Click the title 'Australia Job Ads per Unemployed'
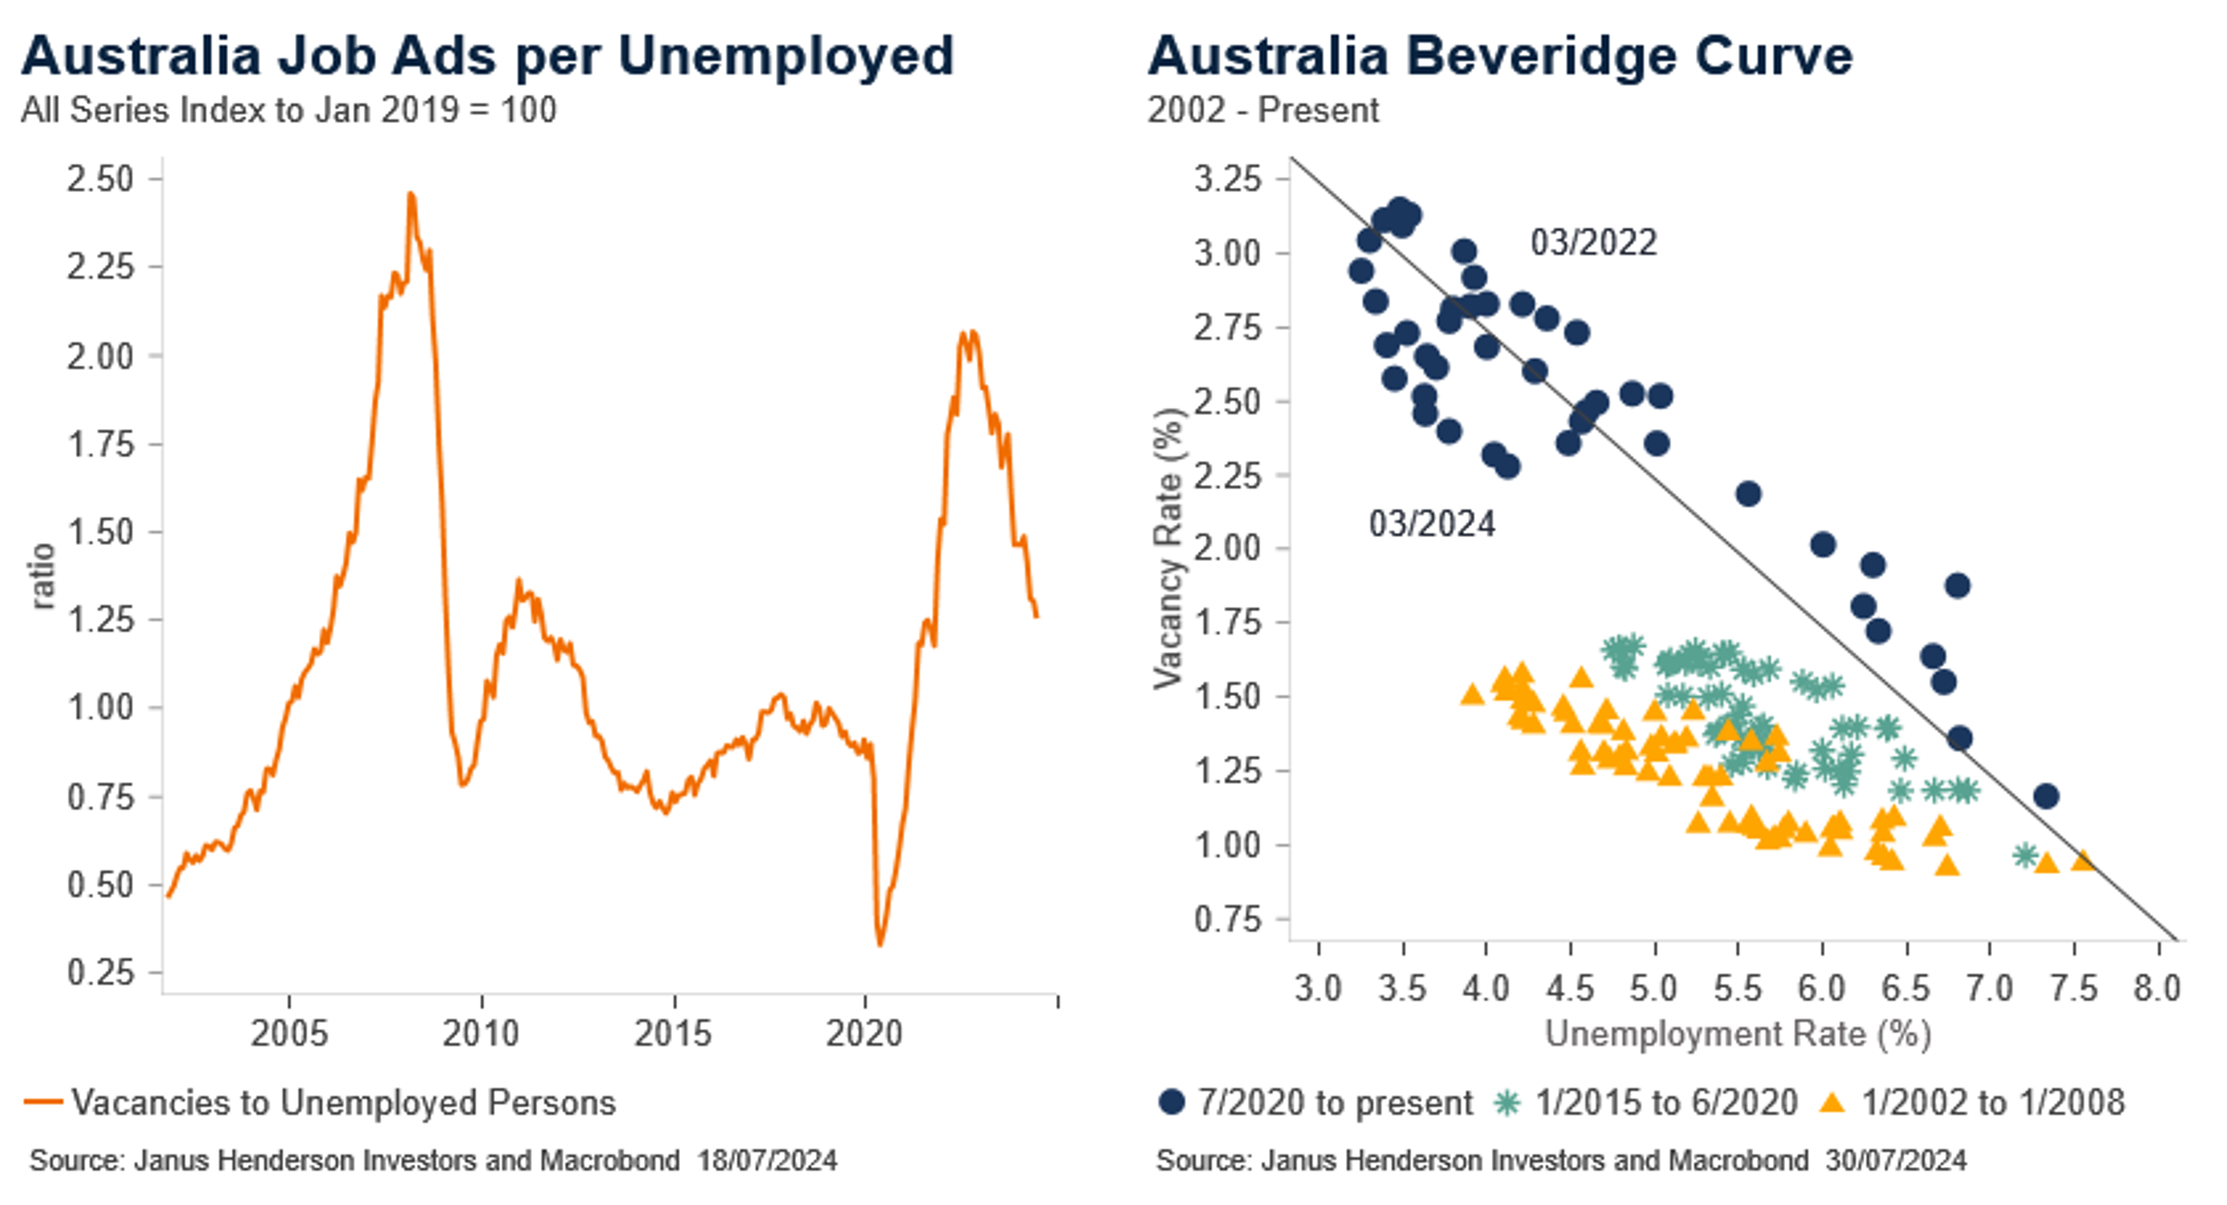click(487, 56)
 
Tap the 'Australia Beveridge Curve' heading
click(1500, 56)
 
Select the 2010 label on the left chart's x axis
click(481, 1033)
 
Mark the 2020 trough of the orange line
click(880, 944)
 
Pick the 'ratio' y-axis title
click(42, 576)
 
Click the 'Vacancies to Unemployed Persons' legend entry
click(343, 1102)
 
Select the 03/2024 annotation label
click(1432, 524)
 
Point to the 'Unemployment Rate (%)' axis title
click(1738, 1034)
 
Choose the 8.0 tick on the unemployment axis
click(2157, 988)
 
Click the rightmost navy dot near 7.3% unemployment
click(2046, 796)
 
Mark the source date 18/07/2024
click(767, 1160)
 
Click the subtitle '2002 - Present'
click(1263, 111)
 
